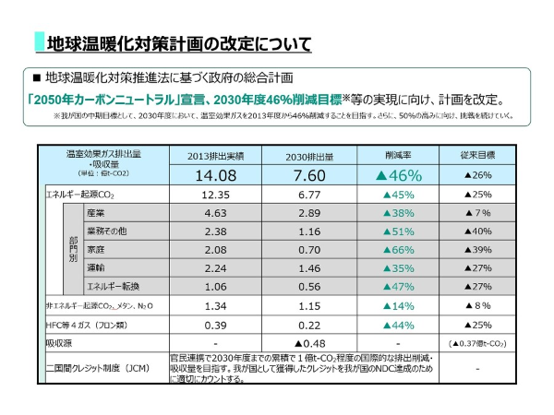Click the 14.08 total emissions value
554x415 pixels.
pos(214,175)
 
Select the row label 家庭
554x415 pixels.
pos(97,249)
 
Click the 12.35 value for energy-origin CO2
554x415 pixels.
pos(214,195)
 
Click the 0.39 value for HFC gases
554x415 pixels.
pos(214,325)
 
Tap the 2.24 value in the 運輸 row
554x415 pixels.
pos(214,267)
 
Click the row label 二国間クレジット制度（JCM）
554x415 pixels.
pos(98,368)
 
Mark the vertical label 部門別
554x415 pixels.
pos(72,249)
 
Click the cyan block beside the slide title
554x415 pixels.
pos(40,41)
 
